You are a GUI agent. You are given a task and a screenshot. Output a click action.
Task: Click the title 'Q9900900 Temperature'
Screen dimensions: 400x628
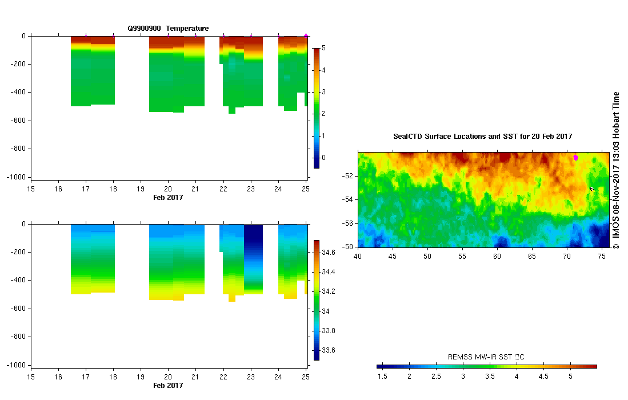[x=168, y=29]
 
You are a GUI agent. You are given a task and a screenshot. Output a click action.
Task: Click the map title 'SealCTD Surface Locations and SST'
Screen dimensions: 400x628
[x=483, y=137]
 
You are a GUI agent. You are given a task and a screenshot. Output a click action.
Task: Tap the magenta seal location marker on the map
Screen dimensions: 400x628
[x=575, y=157]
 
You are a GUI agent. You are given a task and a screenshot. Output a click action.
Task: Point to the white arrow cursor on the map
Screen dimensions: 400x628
[x=592, y=189]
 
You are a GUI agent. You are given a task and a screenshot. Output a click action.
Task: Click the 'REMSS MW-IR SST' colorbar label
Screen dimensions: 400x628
[x=486, y=357]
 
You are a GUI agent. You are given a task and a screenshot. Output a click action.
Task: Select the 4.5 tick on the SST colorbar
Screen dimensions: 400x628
[x=543, y=377]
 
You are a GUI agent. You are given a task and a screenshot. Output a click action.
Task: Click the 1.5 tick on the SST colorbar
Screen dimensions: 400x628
[x=382, y=377]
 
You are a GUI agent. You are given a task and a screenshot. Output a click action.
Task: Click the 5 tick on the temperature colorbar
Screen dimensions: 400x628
[x=324, y=49]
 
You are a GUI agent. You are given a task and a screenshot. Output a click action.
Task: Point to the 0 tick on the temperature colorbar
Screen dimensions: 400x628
[x=324, y=158]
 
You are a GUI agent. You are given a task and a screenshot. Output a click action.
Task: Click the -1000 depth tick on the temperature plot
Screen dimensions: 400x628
[x=16, y=177]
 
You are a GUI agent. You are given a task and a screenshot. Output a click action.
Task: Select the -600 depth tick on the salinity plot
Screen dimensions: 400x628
[x=18, y=309]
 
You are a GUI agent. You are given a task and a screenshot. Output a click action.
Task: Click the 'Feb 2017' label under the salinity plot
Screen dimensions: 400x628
[x=168, y=386]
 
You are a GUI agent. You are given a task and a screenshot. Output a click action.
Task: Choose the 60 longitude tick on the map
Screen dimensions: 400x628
[x=497, y=257]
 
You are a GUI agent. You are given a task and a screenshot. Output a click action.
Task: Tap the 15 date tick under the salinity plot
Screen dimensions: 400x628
[x=31, y=377]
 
